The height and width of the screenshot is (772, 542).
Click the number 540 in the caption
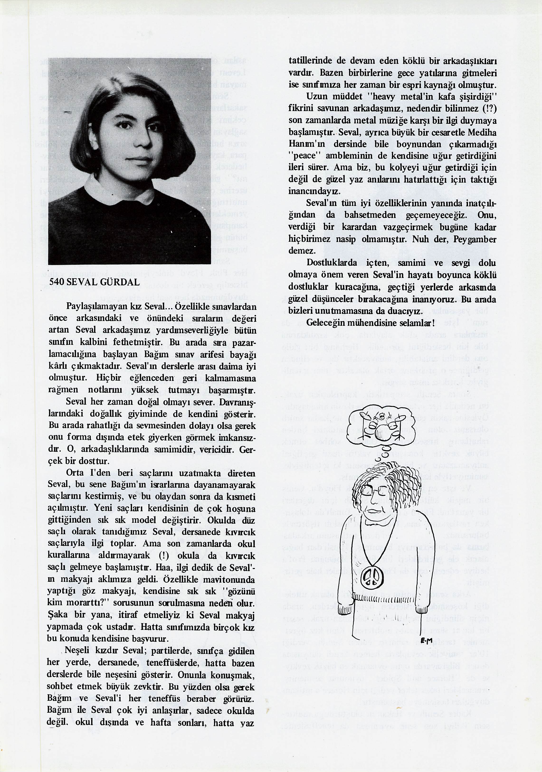[x=57, y=282]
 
